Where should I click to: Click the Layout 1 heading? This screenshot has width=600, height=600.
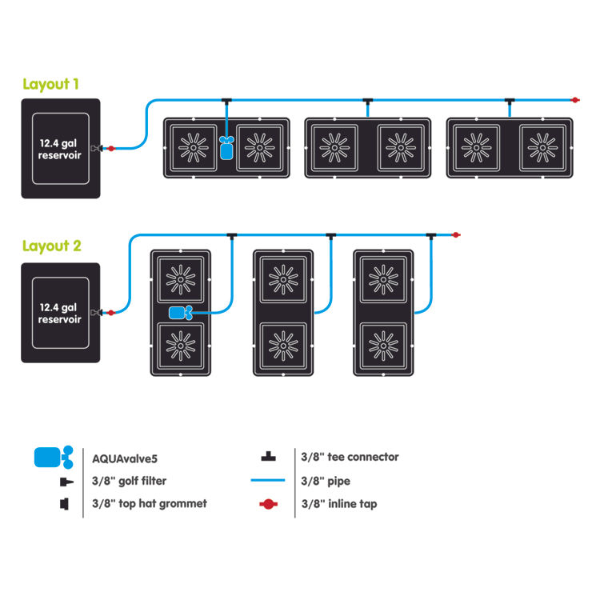[51, 84]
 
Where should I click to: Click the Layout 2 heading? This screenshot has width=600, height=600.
[52, 246]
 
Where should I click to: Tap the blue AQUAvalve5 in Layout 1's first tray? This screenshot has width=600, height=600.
[226, 148]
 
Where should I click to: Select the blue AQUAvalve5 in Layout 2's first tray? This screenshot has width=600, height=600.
[181, 313]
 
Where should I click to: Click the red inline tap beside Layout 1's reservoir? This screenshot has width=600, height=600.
[111, 149]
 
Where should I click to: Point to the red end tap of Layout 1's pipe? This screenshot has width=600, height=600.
[574, 100]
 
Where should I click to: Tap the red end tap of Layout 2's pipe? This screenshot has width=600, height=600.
[456, 235]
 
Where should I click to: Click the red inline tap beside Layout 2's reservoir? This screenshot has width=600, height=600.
[111, 313]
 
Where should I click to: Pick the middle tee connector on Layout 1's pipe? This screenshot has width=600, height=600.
[368, 102]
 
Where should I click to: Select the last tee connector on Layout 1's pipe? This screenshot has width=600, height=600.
[510, 102]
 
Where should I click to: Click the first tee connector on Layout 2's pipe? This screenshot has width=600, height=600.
[231, 236]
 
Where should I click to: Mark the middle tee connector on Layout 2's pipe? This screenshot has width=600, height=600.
[331, 236]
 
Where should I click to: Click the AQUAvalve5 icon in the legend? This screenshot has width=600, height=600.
[54, 458]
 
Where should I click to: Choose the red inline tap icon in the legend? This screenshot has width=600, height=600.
[268, 504]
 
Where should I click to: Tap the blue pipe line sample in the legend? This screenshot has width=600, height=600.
[268, 480]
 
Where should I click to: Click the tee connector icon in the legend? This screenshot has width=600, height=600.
[268, 457]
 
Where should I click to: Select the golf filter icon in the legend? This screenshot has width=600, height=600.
[66, 482]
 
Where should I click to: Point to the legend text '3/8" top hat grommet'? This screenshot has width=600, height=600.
[150, 503]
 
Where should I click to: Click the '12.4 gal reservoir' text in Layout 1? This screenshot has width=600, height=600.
[59, 149]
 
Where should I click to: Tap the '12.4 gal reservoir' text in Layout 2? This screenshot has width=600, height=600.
[59, 313]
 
